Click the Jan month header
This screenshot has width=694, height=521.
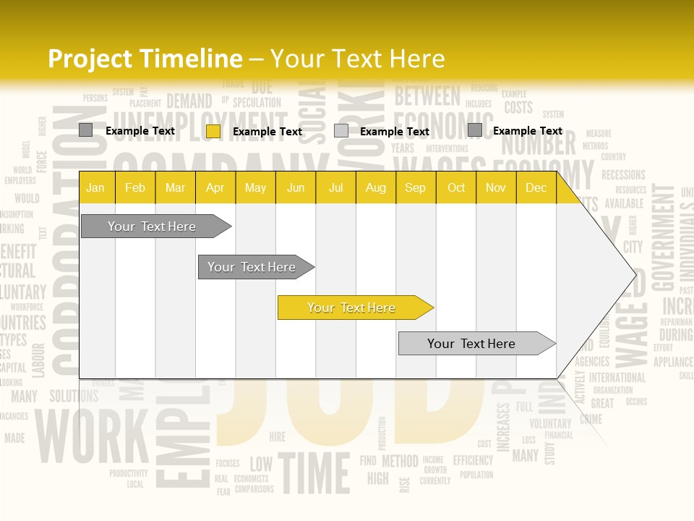point(95,187)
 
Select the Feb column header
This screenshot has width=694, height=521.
point(135,187)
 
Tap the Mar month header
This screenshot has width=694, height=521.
point(175,187)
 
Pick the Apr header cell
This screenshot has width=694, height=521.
point(215,187)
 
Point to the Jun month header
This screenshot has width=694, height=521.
point(296,187)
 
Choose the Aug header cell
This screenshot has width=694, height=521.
point(375,187)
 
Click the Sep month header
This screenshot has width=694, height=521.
point(415,187)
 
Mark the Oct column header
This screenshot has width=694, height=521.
point(456,187)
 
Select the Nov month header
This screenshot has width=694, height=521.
point(496,187)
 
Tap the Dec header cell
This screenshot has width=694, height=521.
point(536,187)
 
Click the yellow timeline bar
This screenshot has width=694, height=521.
point(352,308)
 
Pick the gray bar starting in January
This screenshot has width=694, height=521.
point(152,226)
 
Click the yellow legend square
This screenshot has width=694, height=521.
point(213,131)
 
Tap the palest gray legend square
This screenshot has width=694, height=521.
point(341,131)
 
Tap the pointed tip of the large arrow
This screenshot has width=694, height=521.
point(635,275)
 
